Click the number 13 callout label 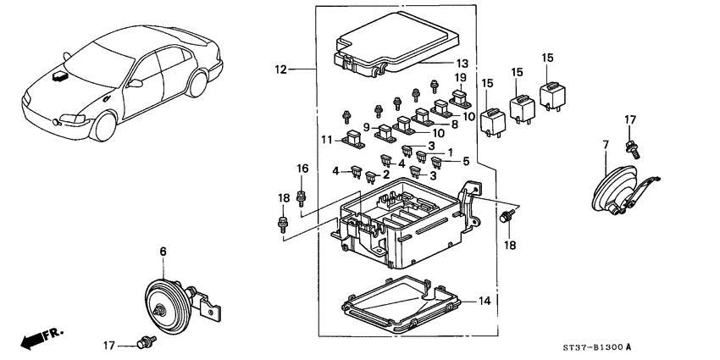(462, 64)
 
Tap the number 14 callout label (485, 301)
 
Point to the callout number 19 (460, 78)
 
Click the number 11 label (327, 139)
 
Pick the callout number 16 (302, 169)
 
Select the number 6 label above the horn (164, 252)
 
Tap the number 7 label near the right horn (606, 147)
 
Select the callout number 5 (465, 161)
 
